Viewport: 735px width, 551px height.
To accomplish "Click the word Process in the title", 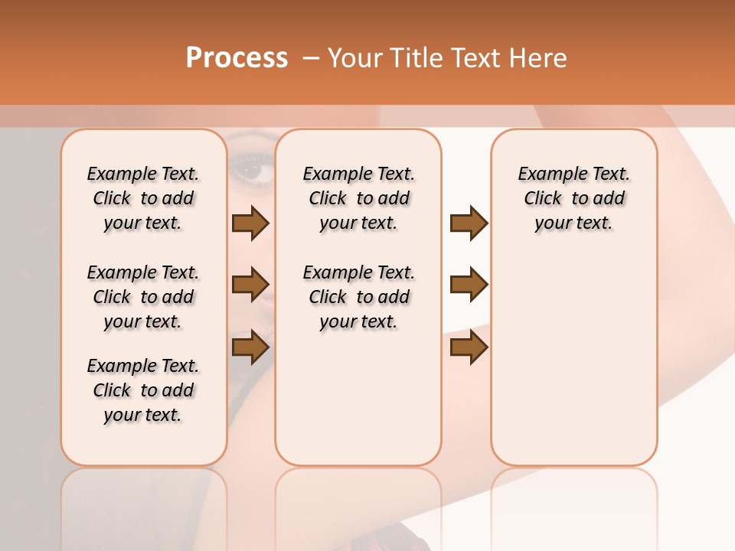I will click(237, 58).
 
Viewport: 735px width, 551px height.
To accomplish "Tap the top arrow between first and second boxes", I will click(250, 223).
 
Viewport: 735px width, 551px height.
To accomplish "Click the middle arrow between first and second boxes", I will click(250, 285).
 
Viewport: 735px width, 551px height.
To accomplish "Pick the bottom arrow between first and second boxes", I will click(250, 347).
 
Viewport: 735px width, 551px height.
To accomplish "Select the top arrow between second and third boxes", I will click(469, 223).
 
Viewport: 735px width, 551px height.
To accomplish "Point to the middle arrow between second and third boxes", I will click(469, 285).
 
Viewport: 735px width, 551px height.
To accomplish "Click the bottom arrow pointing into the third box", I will click(469, 347).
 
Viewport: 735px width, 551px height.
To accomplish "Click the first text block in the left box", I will click(143, 198).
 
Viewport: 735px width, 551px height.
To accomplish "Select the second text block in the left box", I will click(143, 297).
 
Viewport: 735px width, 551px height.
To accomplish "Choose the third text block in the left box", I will click(143, 390).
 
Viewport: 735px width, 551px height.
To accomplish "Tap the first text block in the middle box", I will click(358, 198).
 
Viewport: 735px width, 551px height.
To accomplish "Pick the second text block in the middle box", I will click(358, 297).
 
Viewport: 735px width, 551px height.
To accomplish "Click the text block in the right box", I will click(573, 198).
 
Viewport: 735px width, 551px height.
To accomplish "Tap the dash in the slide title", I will click(310, 58).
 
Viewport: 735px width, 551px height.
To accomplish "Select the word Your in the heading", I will click(353, 58).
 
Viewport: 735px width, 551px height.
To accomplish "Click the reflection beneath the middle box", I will click(358, 505).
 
